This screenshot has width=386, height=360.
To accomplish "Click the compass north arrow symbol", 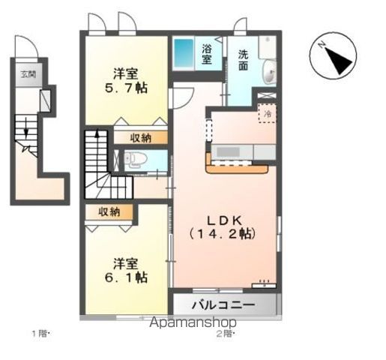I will [x=334, y=56].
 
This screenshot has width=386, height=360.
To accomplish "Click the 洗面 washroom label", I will [x=244, y=60].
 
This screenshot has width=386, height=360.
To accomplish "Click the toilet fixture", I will [x=133, y=158].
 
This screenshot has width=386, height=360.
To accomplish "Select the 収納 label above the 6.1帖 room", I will [x=109, y=212].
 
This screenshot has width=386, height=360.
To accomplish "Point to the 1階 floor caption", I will [x=40, y=333].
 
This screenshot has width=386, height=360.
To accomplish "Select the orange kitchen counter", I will [x=238, y=164].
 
